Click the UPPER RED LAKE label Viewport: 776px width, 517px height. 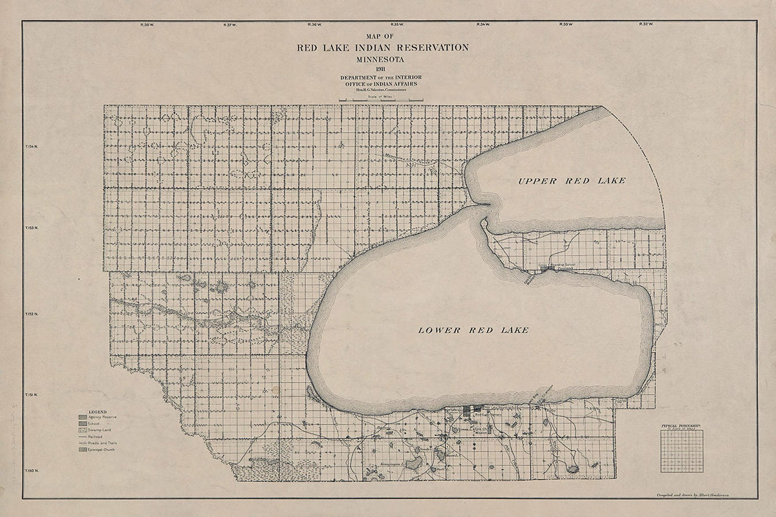[x=572, y=180]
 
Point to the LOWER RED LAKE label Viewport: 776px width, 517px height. [x=473, y=330]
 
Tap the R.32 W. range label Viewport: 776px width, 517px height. [x=646, y=25]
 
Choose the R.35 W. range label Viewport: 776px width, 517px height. [x=396, y=25]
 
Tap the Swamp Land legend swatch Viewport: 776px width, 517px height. [x=83, y=430]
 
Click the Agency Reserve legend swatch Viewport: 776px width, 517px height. [x=83, y=417]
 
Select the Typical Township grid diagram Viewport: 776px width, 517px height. [x=682, y=450]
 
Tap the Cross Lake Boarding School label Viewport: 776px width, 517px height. [x=557, y=265]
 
